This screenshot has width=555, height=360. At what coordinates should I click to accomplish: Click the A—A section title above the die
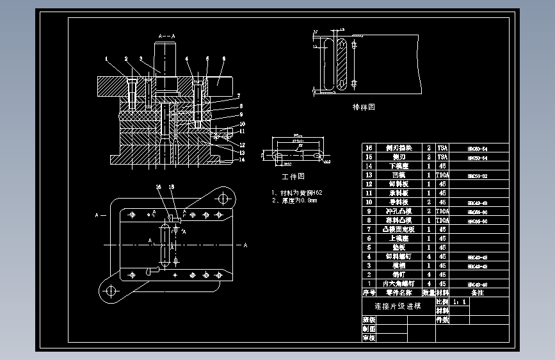tap(166, 36)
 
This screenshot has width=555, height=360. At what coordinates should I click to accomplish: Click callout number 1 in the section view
tap(106, 59)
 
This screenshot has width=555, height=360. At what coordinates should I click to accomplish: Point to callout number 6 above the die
tap(224, 59)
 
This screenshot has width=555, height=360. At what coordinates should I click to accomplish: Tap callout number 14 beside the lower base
tap(243, 160)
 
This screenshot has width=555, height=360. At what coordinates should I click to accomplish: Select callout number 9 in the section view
tap(241, 114)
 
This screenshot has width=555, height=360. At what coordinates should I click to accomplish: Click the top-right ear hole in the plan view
tap(222, 197)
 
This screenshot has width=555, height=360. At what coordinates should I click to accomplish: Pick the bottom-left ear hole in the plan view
tap(109, 291)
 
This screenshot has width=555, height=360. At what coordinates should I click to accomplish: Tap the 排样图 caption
tap(364, 107)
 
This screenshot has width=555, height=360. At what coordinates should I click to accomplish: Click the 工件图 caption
tap(293, 176)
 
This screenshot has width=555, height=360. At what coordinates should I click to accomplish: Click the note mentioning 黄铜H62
tap(297, 192)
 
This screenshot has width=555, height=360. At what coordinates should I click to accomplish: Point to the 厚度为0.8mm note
tap(294, 200)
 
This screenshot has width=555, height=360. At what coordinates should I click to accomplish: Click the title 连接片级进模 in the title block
tap(397, 306)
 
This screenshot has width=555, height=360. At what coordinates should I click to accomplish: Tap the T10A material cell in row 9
tap(442, 211)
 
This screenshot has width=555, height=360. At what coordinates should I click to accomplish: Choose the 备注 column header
tap(478, 292)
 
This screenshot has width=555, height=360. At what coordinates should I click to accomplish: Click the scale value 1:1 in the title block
tap(460, 300)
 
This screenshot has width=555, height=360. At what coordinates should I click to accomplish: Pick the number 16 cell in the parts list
tap(368, 147)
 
